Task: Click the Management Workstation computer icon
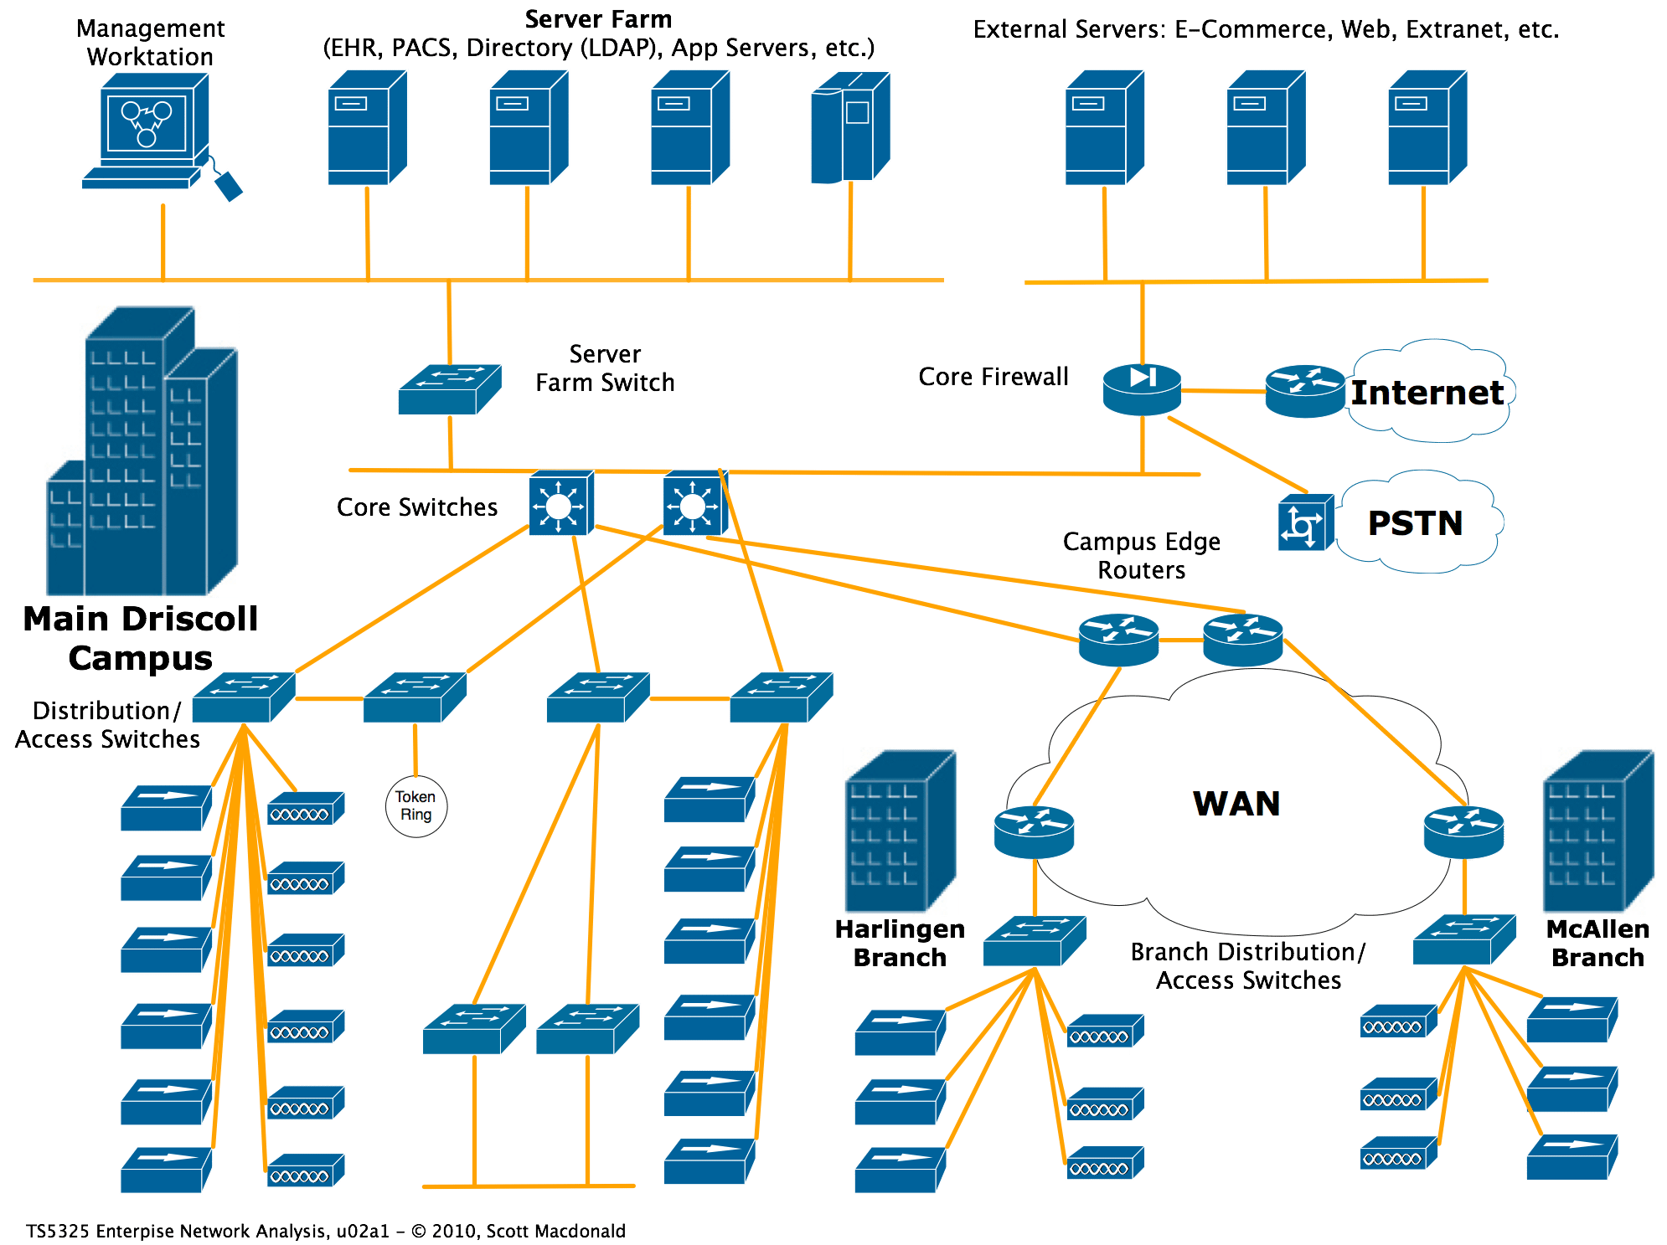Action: pos(147,130)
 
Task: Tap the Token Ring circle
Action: pos(415,806)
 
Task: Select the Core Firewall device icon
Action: pos(1142,389)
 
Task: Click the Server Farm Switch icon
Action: pos(450,389)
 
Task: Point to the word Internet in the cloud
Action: pos(1427,393)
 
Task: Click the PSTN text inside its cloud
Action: pos(1415,523)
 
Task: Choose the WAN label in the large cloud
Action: pos(1236,804)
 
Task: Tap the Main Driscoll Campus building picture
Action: pos(141,452)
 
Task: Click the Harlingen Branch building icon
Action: pos(901,831)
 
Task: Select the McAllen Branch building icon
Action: pos(1598,831)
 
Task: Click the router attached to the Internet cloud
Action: pos(1304,391)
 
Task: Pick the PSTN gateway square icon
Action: pos(1305,523)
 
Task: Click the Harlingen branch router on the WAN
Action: pos(1034,831)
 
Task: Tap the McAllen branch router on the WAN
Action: pos(1463,831)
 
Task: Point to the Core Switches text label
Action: pos(417,507)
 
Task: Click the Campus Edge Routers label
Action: pos(1141,556)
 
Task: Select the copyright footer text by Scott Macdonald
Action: pos(325,1231)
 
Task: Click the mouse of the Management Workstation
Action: pos(228,186)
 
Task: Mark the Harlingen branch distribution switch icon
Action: pos(1035,940)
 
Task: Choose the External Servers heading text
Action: pos(1265,30)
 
